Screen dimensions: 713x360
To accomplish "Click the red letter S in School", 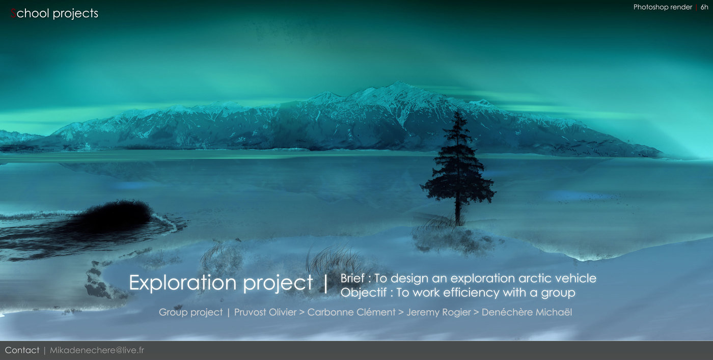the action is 13,13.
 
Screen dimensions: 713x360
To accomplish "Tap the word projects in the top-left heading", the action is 75,14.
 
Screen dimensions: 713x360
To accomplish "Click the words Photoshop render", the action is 663,7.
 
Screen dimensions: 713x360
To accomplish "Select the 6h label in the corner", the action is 704,7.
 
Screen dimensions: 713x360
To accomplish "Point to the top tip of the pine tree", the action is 458,112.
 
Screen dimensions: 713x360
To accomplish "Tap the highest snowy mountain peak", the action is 398,83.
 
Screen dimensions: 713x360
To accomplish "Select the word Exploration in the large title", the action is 183,282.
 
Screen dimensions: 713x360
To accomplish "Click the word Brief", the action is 352,278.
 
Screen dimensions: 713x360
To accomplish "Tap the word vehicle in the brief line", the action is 575,278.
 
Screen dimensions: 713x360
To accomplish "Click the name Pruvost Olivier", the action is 265,312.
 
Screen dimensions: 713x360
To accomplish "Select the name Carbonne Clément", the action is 351,312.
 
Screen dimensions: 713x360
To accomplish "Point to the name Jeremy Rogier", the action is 438,313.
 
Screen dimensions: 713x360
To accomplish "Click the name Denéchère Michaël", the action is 527,312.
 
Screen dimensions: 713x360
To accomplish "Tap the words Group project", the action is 190,313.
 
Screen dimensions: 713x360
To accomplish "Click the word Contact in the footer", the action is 22,350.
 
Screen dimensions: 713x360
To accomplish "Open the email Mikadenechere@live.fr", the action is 97,350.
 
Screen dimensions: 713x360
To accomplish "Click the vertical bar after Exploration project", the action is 325,283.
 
